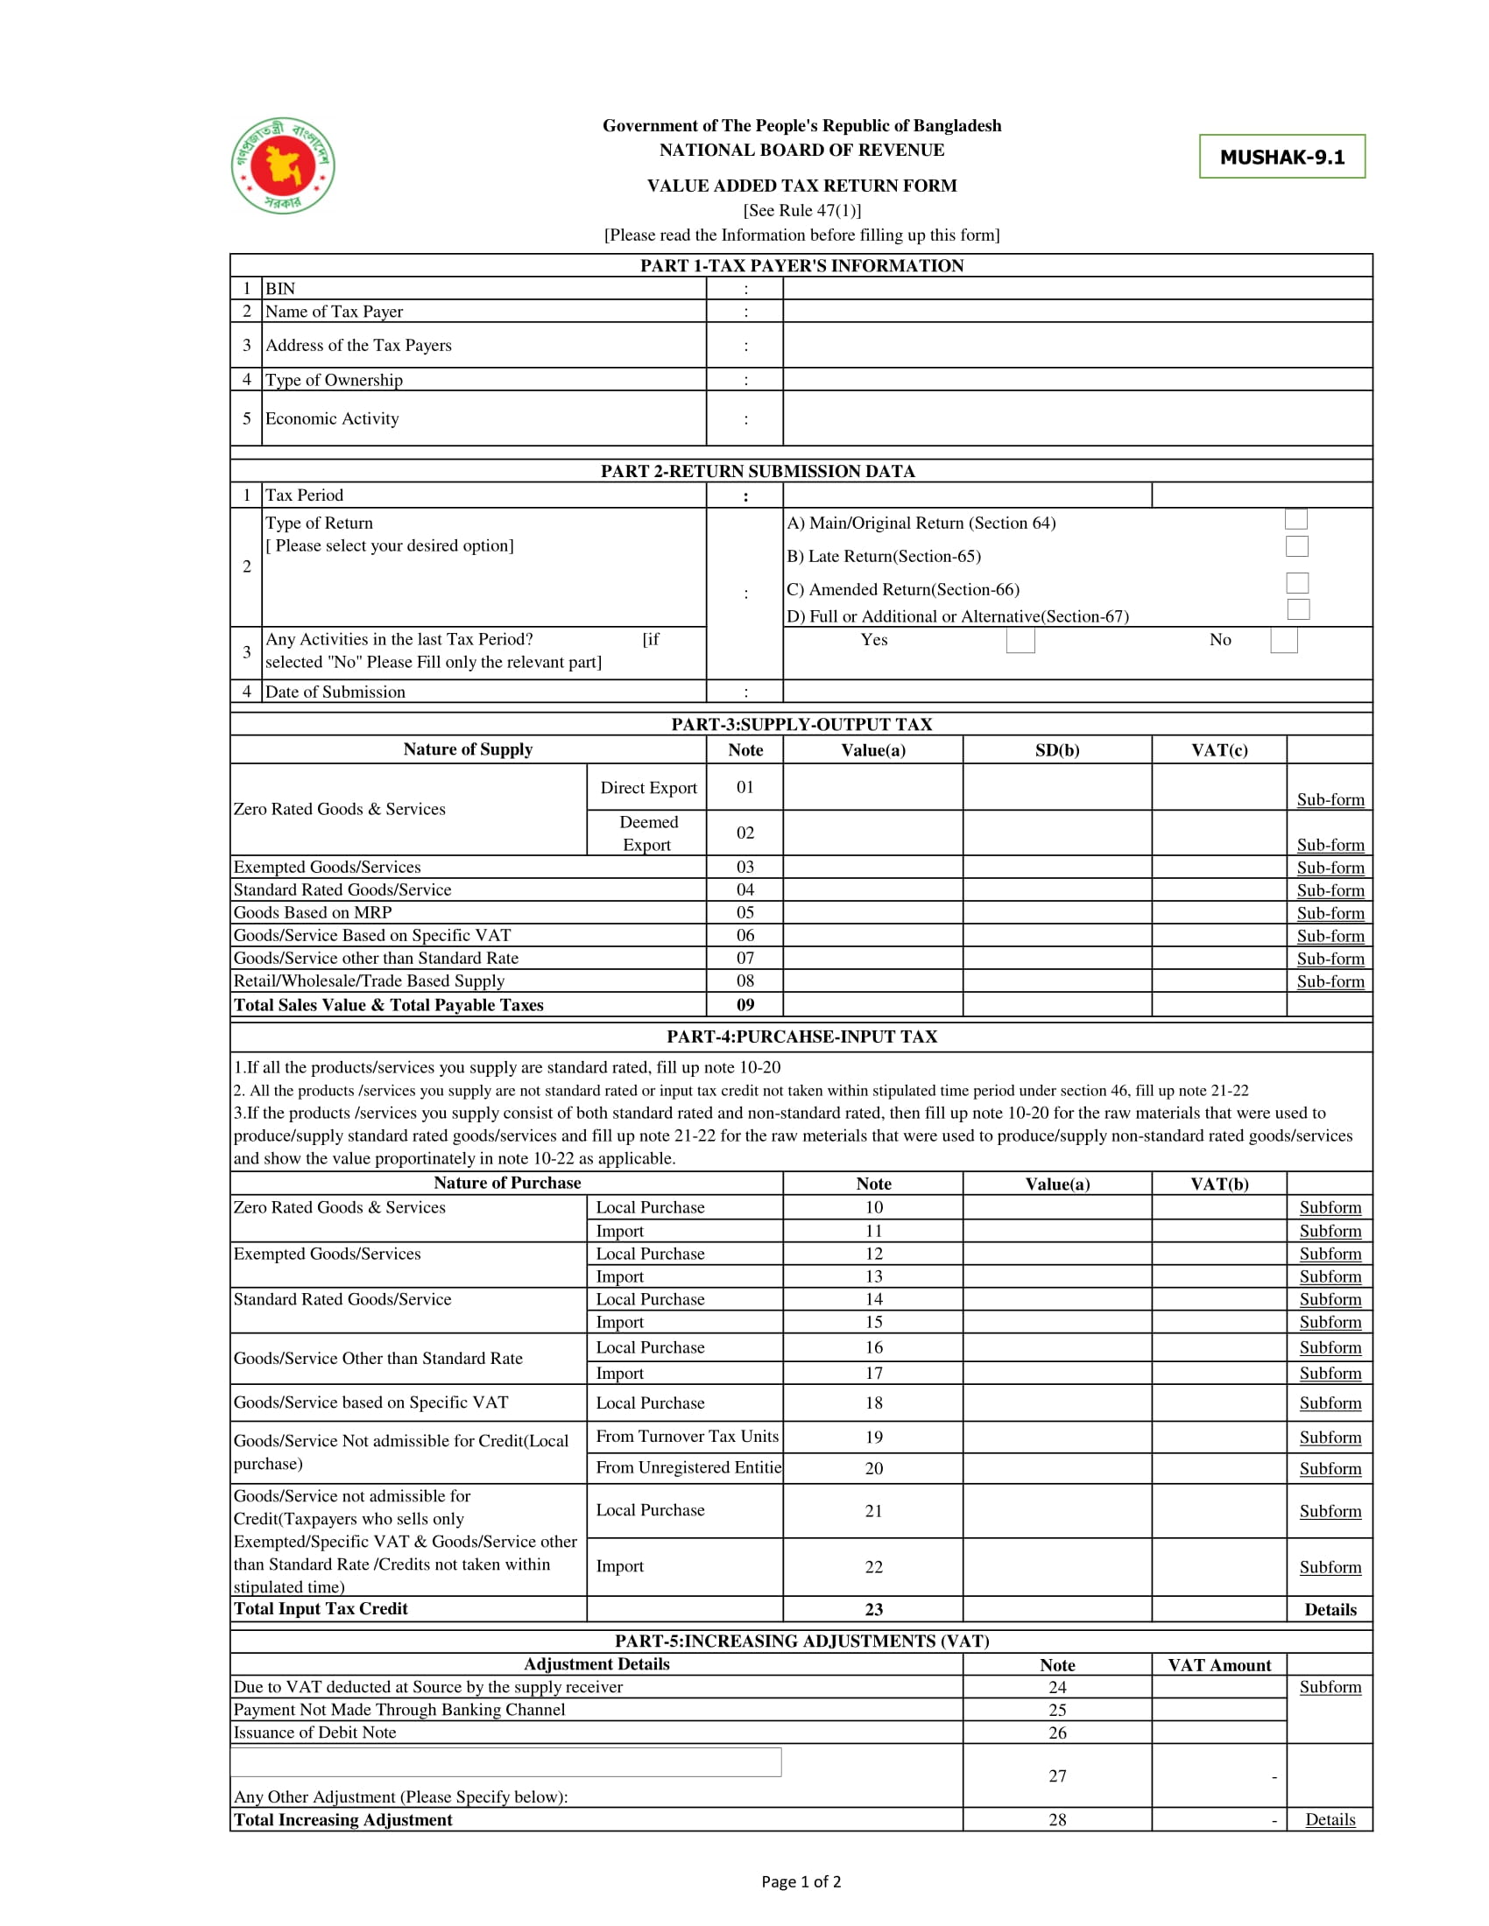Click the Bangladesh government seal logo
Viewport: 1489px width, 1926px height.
pos(283,165)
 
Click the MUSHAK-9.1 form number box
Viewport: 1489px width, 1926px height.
pos(1281,157)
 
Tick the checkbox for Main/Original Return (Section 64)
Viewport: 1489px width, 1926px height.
pos(1295,518)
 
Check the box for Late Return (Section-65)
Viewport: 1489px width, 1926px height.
pos(1296,547)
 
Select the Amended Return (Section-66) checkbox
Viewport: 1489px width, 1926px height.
pos(1296,583)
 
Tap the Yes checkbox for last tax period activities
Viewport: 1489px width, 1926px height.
pos(1020,640)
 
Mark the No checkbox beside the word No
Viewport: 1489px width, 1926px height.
pos(1283,641)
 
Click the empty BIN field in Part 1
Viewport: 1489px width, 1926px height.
pos(1076,288)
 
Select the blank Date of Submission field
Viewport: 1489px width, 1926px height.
pos(1076,692)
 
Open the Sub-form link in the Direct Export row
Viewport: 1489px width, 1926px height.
pos(1330,800)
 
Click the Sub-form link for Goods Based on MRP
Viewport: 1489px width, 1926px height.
pos(1330,913)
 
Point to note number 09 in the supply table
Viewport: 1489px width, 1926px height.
pos(745,1004)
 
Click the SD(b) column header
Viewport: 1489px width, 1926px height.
pos(1057,750)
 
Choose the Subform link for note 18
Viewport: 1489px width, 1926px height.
pos(1330,1403)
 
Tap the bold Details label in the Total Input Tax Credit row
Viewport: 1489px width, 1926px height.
pos(1330,1609)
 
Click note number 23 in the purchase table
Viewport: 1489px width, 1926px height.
pos(873,1609)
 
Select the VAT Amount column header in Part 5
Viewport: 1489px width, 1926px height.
pos(1219,1665)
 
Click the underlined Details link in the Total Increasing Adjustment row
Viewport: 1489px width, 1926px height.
pos(1330,1819)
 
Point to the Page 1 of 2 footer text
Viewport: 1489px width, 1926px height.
pos(801,1882)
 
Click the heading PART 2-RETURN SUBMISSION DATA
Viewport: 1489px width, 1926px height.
pos(758,471)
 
